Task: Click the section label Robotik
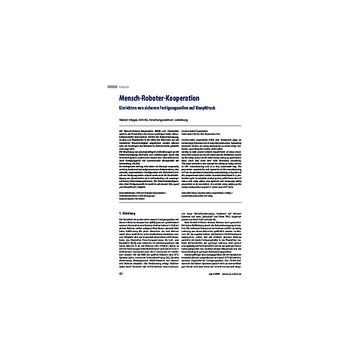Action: pos(125,87)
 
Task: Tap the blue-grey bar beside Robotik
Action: pos(112,87)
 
